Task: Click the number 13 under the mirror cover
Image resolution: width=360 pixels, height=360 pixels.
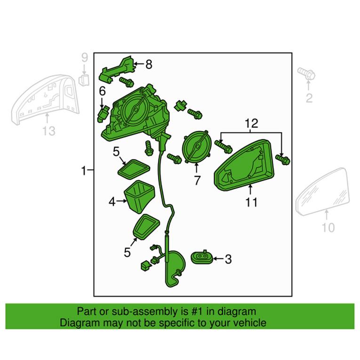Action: coord(49,130)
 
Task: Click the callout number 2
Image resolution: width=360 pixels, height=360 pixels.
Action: coord(309,98)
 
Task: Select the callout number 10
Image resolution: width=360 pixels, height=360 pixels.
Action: coord(328,228)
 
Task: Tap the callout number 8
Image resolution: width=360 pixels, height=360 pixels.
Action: coord(149,64)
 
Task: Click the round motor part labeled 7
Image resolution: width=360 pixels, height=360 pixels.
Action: coord(197,146)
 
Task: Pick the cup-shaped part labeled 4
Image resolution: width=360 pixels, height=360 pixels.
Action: coord(139,196)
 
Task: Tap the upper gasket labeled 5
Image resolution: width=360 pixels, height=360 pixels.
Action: coord(133,167)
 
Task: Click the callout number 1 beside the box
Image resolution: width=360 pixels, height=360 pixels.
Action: coord(83,170)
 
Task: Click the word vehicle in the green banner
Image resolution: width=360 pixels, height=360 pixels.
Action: coord(248,323)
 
